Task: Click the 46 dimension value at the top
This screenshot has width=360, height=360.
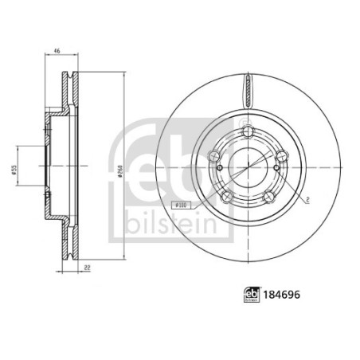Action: (57, 51)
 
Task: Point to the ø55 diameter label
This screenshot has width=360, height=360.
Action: (14, 170)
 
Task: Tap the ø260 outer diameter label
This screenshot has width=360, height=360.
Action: (120, 172)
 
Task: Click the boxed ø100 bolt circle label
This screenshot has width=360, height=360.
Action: (183, 205)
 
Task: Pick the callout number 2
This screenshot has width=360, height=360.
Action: (307, 200)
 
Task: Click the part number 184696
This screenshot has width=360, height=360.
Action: (281, 295)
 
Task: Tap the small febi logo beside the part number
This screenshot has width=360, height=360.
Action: (252, 295)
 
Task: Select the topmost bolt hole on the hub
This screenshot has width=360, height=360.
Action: (248, 131)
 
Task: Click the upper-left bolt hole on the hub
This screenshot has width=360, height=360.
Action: (214, 155)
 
